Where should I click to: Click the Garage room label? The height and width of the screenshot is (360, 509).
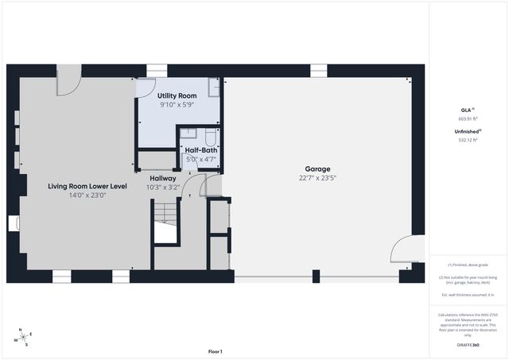click(x=317, y=168)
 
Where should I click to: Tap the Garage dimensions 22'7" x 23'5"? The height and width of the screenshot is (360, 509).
click(x=317, y=178)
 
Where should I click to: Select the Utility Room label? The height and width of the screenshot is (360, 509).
click(x=177, y=95)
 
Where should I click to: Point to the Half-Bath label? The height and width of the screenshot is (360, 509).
click(x=202, y=149)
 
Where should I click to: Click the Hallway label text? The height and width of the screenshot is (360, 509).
click(x=162, y=178)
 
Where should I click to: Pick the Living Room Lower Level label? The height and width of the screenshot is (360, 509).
click(x=87, y=185)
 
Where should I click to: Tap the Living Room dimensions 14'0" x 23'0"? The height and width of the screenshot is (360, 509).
click(x=87, y=195)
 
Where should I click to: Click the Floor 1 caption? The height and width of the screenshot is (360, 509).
click(x=215, y=351)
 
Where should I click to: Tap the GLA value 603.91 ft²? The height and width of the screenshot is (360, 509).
click(x=467, y=118)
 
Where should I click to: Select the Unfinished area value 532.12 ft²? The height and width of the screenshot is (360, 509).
click(x=467, y=140)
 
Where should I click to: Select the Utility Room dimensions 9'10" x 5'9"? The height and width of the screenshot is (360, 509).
click(x=177, y=104)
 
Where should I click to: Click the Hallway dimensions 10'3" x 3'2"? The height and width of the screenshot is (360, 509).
click(x=162, y=188)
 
